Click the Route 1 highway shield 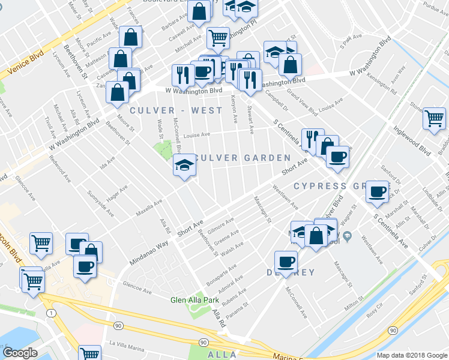coord(52,313)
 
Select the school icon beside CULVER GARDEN coord(184,166)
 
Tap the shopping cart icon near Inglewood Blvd coord(433,118)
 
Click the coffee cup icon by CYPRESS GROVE coord(377,191)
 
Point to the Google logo coord(20,353)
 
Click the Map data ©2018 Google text coord(411,355)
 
